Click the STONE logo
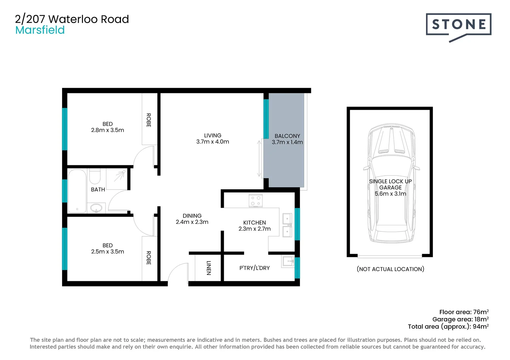[458, 25]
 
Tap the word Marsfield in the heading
[40, 30]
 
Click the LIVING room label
[212, 135]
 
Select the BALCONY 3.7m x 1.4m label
[287, 139]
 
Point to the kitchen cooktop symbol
[256, 201]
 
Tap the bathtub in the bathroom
[77, 191]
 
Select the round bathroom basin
[96, 208]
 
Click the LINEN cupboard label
[209, 268]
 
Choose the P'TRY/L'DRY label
[254, 268]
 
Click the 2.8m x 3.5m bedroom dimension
[107, 130]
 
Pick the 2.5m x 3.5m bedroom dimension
[107, 252]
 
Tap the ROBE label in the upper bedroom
[149, 120]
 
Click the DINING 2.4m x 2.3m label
[192, 219]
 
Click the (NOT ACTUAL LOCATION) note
[390, 269]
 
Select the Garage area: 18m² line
[460, 319]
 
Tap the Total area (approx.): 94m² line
[448, 327]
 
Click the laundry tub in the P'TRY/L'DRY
[288, 262]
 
